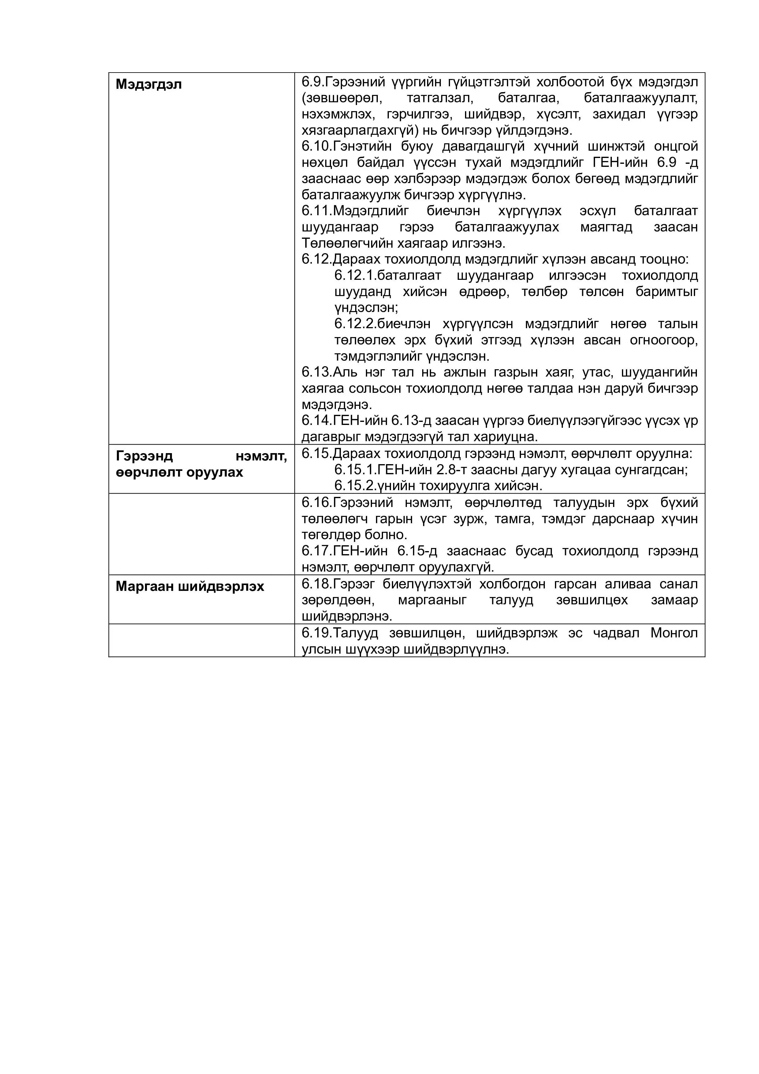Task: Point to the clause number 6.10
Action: coord(316,146)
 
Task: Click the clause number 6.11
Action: coord(316,211)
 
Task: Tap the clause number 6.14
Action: coord(316,421)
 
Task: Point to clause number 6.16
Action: coord(316,502)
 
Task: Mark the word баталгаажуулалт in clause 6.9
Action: coord(640,98)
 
